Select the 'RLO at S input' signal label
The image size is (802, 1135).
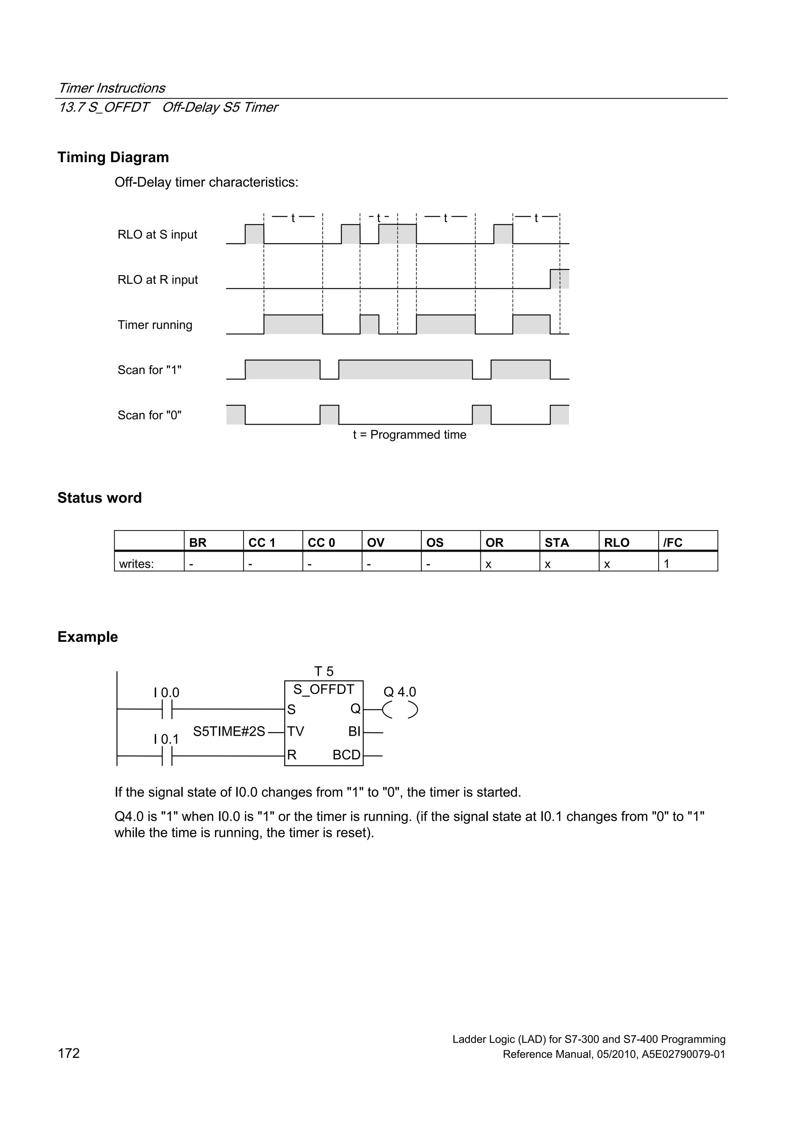(x=157, y=234)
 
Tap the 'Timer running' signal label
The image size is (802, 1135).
(x=155, y=325)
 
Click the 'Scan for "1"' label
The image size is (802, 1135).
(x=149, y=370)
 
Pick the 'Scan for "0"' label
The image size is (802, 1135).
(x=149, y=415)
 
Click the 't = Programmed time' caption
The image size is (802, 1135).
(x=409, y=434)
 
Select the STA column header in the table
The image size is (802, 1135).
(x=556, y=542)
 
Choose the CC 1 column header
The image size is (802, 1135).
(x=262, y=542)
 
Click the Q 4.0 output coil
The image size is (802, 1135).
(x=400, y=710)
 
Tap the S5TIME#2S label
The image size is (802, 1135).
(x=229, y=731)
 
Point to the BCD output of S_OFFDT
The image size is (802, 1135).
(x=347, y=755)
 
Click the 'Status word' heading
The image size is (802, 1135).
(x=99, y=498)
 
